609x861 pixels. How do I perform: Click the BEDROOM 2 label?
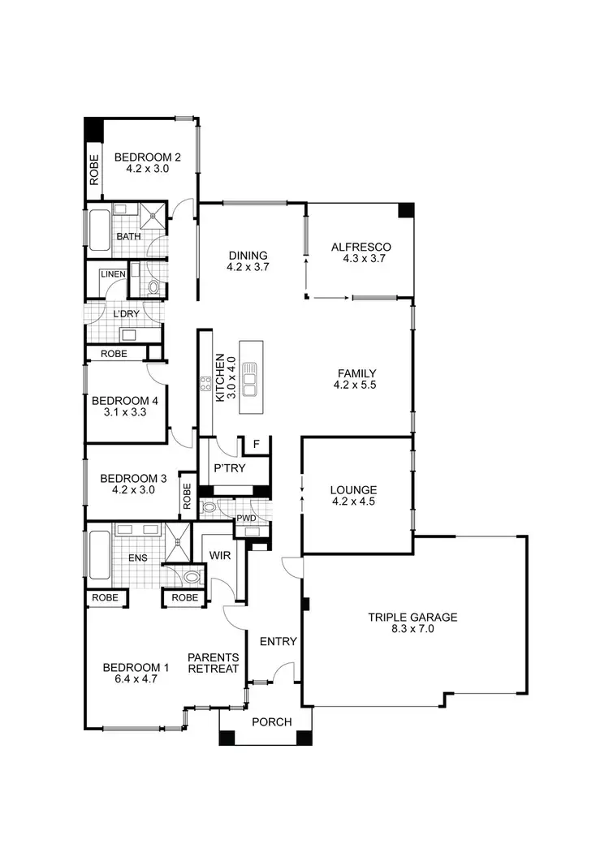147,157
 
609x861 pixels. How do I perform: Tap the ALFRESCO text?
361,248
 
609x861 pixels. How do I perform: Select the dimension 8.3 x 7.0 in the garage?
412,629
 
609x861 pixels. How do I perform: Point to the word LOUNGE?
353,490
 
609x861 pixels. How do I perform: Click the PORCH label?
271,721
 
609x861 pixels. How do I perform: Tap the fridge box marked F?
257,444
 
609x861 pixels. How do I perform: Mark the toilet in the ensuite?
192,577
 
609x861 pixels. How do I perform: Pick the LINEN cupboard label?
112,274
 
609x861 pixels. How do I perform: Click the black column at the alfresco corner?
406,210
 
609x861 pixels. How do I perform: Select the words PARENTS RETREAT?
213,663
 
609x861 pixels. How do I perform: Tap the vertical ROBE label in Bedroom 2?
94,170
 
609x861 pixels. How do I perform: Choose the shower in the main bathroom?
152,215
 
